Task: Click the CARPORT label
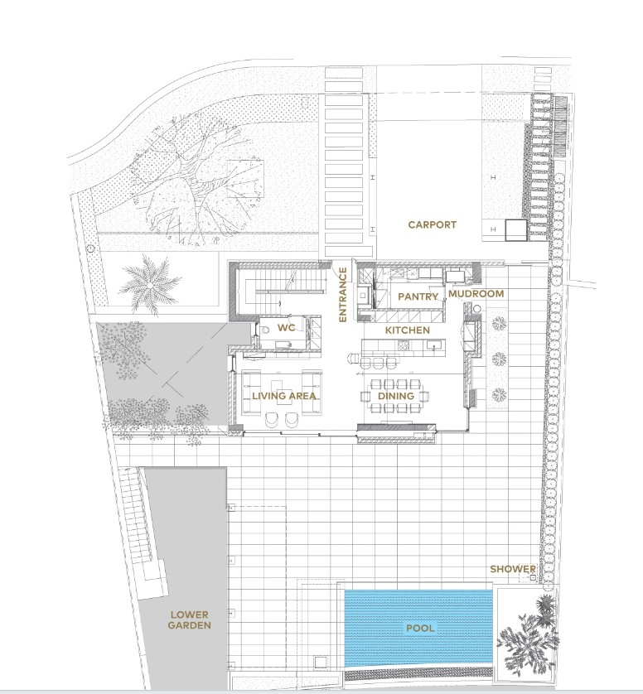point(432,224)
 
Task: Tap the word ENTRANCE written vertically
point(342,294)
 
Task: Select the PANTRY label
point(418,296)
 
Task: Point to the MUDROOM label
point(476,293)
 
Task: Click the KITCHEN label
point(408,330)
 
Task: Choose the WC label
point(286,328)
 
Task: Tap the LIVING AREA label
point(284,396)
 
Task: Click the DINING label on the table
point(396,396)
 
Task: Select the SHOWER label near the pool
point(513,569)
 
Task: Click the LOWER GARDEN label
point(191,620)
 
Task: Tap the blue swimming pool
point(418,628)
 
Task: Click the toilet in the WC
point(266,330)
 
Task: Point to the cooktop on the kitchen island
point(404,345)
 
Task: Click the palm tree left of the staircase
point(150,286)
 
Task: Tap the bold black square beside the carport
point(516,230)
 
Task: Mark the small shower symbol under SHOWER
point(533,577)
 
